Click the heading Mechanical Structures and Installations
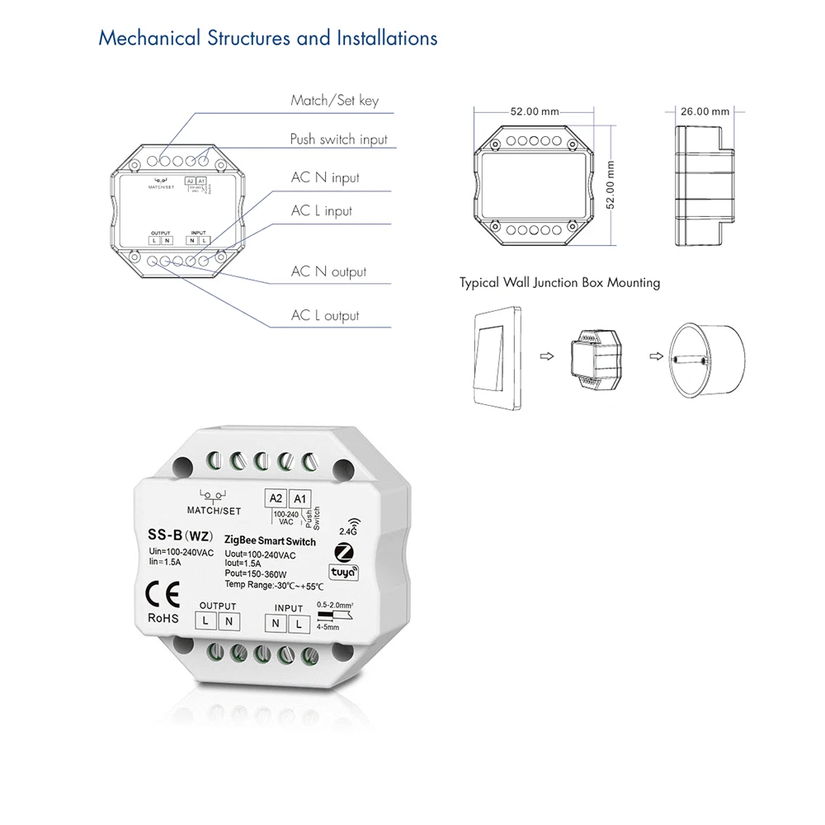267,38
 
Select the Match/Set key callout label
334,101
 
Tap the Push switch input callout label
338,139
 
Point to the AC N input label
325,177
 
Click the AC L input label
321,211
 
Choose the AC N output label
328,271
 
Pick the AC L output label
325,315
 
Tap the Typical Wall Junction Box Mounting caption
559,283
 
